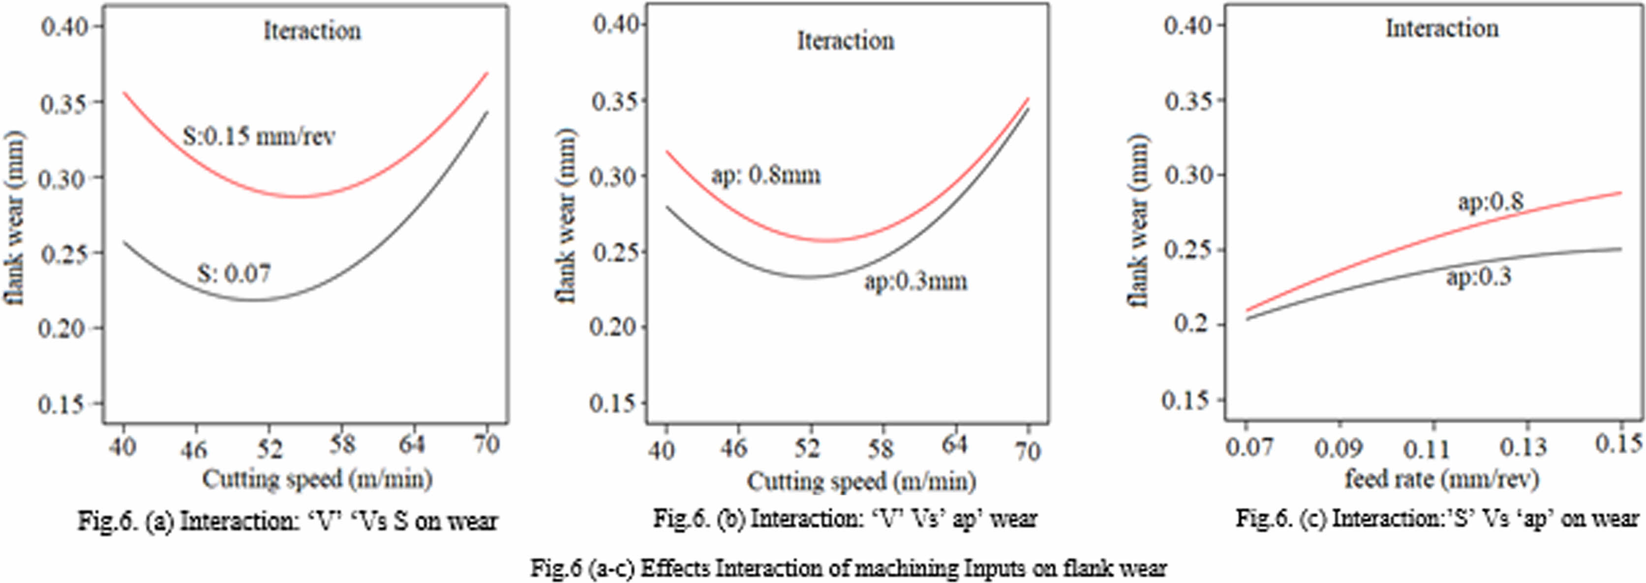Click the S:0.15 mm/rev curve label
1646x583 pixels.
[259, 136]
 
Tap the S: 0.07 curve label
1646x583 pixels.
[234, 274]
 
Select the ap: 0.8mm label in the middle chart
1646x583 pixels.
[765, 175]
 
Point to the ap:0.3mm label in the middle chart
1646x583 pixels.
[915, 281]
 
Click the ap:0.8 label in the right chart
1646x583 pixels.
[1490, 202]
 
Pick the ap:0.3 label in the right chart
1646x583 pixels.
[1479, 277]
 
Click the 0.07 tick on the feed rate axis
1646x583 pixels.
[1249, 446]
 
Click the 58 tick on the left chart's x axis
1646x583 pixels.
[342, 444]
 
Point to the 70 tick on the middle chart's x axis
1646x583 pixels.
[1028, 451]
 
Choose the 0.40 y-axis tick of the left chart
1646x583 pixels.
[62, 27]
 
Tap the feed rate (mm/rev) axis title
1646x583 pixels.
[1441, 478]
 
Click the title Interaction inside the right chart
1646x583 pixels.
[1441, 29]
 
